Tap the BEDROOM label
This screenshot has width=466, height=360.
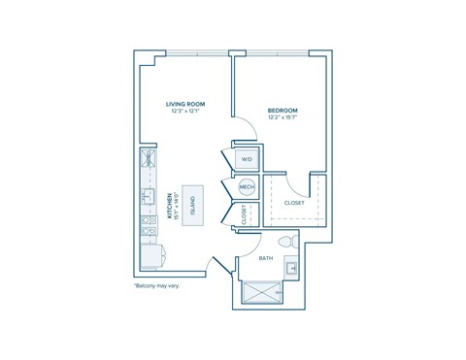coord(282,111)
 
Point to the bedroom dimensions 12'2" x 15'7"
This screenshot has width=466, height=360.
coord(282,118)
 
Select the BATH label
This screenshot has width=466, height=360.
coord(266,258)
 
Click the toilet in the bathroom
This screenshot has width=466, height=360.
coord(286,240)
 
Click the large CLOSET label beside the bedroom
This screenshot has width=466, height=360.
coord(293,204)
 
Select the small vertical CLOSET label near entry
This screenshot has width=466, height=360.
coord(243,215)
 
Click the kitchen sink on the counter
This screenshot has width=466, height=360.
coord(148,197)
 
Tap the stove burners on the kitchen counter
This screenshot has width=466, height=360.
coord(148,226)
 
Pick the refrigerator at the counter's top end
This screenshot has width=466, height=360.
coord(149,159)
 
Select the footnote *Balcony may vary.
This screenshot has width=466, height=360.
coord(156,285)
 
